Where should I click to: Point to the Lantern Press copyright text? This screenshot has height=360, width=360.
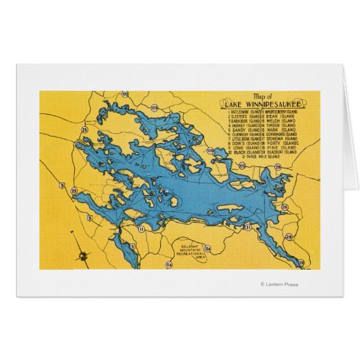coord(278,285)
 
